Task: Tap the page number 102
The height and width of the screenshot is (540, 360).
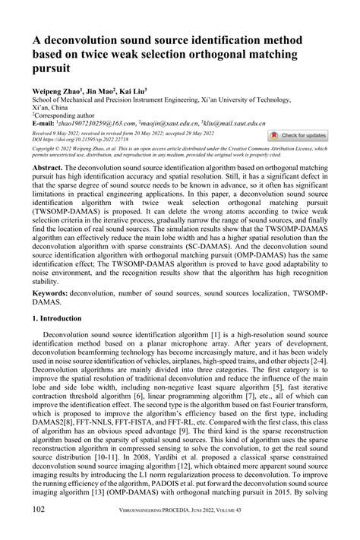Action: click(x=42, y=526)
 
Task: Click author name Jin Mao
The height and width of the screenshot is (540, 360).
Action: click(x=108, y=90)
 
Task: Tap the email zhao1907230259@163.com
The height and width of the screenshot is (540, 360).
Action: click(x=96, y=122)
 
